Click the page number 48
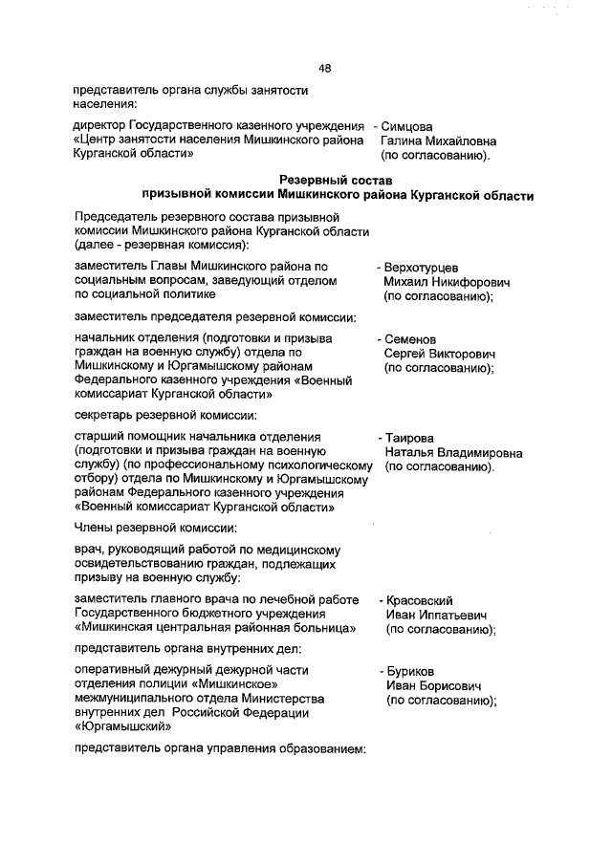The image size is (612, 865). tap(325, 68)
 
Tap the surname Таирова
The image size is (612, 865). tap(412, 438)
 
